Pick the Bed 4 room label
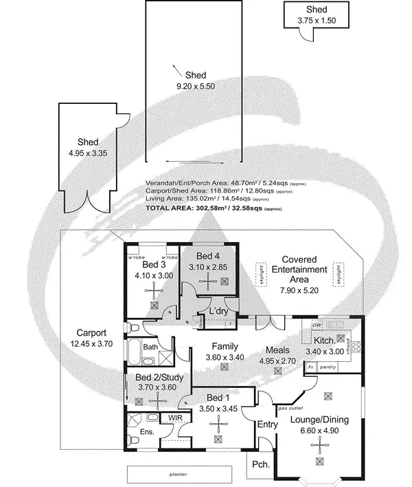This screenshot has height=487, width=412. pos(209,257)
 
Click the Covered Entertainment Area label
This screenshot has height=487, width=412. pos(299,270)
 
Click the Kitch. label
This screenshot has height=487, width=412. pos(324,340)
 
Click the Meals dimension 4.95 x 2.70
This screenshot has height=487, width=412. pos(277,360)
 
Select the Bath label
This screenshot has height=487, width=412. pos(150,347)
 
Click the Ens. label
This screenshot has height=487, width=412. pos(146,431)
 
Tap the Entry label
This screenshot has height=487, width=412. pos(267,424)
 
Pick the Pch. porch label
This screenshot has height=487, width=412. pos(260,464)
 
